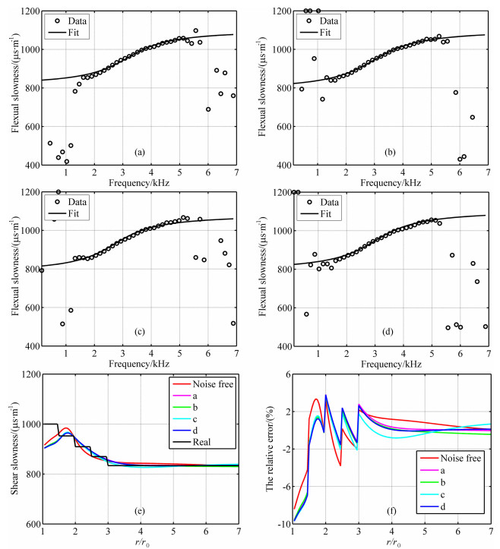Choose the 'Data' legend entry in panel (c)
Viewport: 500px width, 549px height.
pyautogui.click(x=78, y=203)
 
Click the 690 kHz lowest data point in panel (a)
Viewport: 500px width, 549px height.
pyautogui.click(x=208, y=109)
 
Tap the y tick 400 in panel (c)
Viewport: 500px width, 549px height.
pyautogui.click(x=29, y=346)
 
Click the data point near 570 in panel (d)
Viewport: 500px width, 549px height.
pyautogui.click(x=306, y=314)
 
